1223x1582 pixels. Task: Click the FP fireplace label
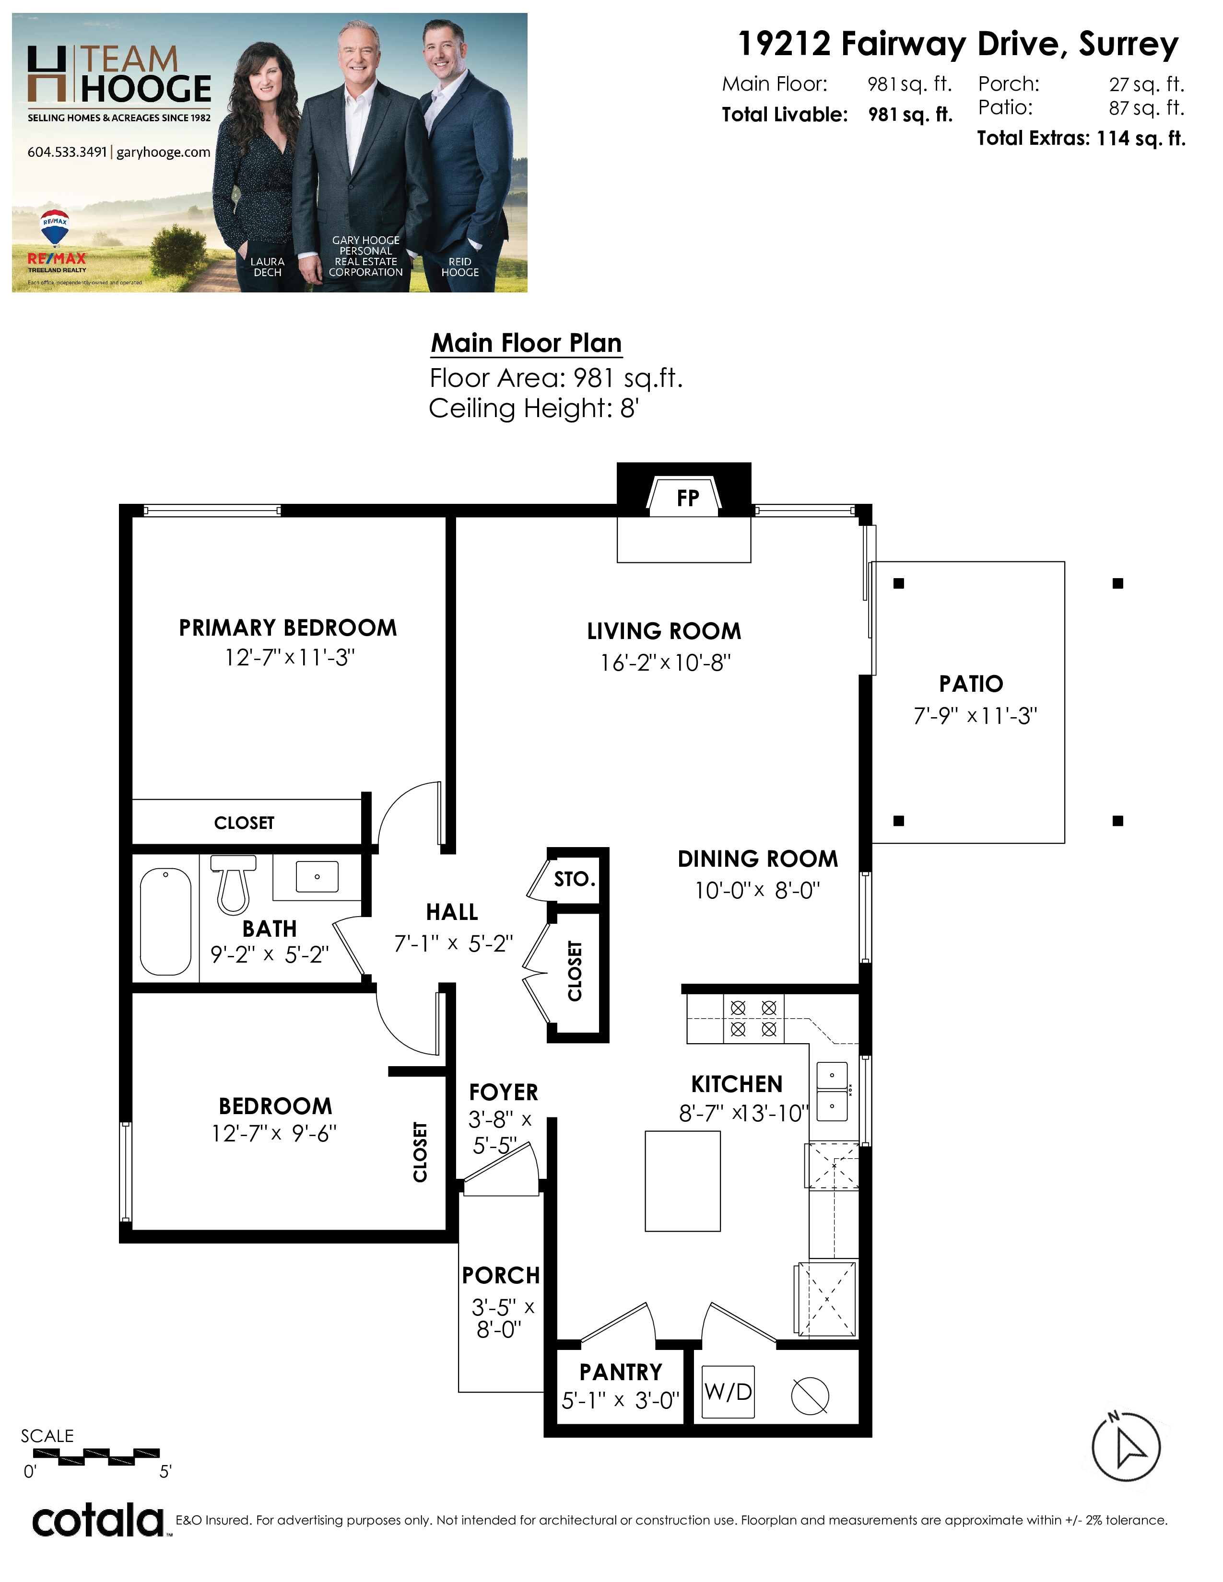coord(688,499)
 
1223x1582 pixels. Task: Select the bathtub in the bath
coord(166,921)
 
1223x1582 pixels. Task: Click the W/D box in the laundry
coord(728,1392)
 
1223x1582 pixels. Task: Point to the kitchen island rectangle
coord(682,1181)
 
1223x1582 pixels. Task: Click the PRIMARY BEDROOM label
coord(288,628)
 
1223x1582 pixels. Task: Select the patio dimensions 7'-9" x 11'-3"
coord(975,716)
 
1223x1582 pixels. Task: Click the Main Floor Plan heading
coord(527,343)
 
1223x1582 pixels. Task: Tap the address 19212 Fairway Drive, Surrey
coord(958,44)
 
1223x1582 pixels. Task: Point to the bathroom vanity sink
coord(317,876)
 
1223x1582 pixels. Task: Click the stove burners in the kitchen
coord(753,1018)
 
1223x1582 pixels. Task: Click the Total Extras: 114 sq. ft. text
coord(1081,139)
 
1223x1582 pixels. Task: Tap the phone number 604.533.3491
coord(67,152)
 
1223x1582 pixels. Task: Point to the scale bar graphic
coord(96,1457)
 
